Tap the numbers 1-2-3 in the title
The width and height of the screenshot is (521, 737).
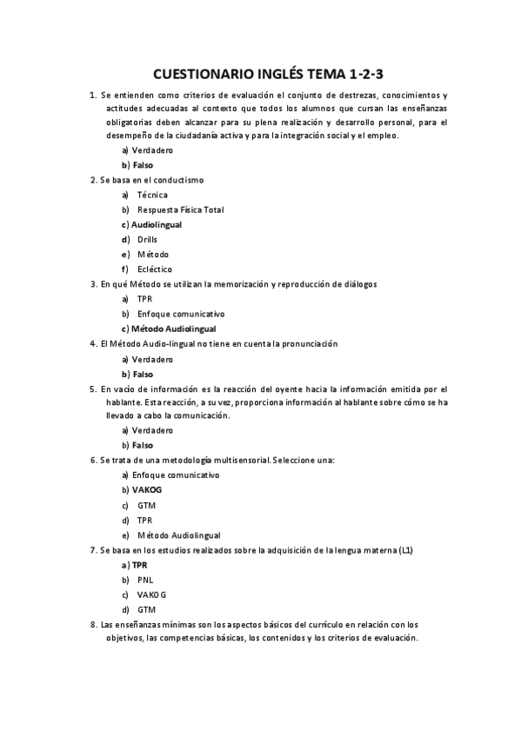pyautogui.click(x=357, y=75)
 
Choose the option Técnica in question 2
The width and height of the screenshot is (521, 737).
pyautogui.click(x=152, y=195)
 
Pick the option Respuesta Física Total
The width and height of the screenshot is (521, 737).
pyautogui.click(x=180, y=209)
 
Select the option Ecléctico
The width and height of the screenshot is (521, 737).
pyautogui.click(x=155, y=269)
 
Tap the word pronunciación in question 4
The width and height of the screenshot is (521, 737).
pyautogui.click(x=304, y=343)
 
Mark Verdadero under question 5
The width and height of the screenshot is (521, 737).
pyautogui.click(x=152, y=429)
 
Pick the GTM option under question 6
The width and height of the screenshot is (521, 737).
pyautogui.click(x=146, y=505)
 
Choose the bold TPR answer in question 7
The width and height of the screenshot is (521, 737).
pyautogui.click(x=139, y=564)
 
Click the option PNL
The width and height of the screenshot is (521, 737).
pyautogui.click(x=145, y=579)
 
